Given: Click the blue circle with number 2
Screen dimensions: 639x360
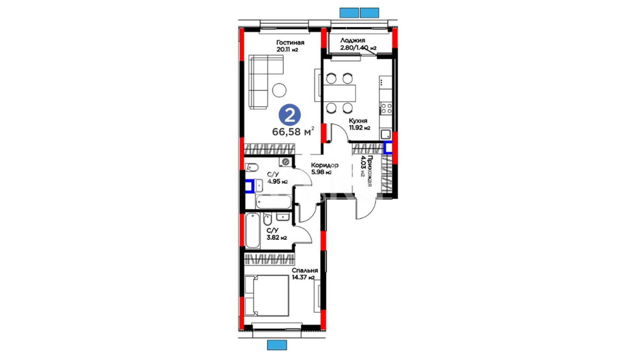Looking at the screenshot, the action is point(290,115).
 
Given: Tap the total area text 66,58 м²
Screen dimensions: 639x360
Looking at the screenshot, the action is point(293,131).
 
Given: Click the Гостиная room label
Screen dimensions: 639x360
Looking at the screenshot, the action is point(290,43).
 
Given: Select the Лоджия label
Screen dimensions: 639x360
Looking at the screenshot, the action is point(352,40).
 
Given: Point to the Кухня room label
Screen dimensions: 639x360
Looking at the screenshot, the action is point(358,121).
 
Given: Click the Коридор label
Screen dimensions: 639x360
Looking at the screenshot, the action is point(324,165).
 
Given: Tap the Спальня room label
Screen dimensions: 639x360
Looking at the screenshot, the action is point(305,270).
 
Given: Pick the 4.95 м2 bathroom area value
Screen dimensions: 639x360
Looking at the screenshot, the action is point(278,182).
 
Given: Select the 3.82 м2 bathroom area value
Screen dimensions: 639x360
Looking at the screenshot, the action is point(277,238).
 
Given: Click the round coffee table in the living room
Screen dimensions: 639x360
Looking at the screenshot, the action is point(279,90).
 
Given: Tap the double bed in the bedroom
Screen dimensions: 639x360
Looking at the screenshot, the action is point(267,295).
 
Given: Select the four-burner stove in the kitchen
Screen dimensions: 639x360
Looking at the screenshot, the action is point(386,108).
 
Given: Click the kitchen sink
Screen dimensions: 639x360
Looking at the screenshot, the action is point(386,134).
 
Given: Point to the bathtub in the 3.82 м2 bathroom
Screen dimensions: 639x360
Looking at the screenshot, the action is point(253,231).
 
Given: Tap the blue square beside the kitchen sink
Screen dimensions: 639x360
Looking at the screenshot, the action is point(388,147).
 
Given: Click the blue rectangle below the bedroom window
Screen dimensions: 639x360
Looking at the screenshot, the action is point(277,345).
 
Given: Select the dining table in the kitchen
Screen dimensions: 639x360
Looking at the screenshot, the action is point(339,93).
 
